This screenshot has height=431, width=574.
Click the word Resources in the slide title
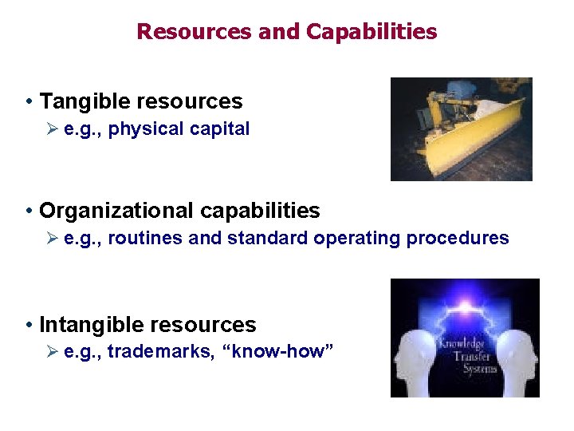click(194, 32)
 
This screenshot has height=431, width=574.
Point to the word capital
click(221, 129)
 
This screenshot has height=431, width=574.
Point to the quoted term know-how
click(279, 352)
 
